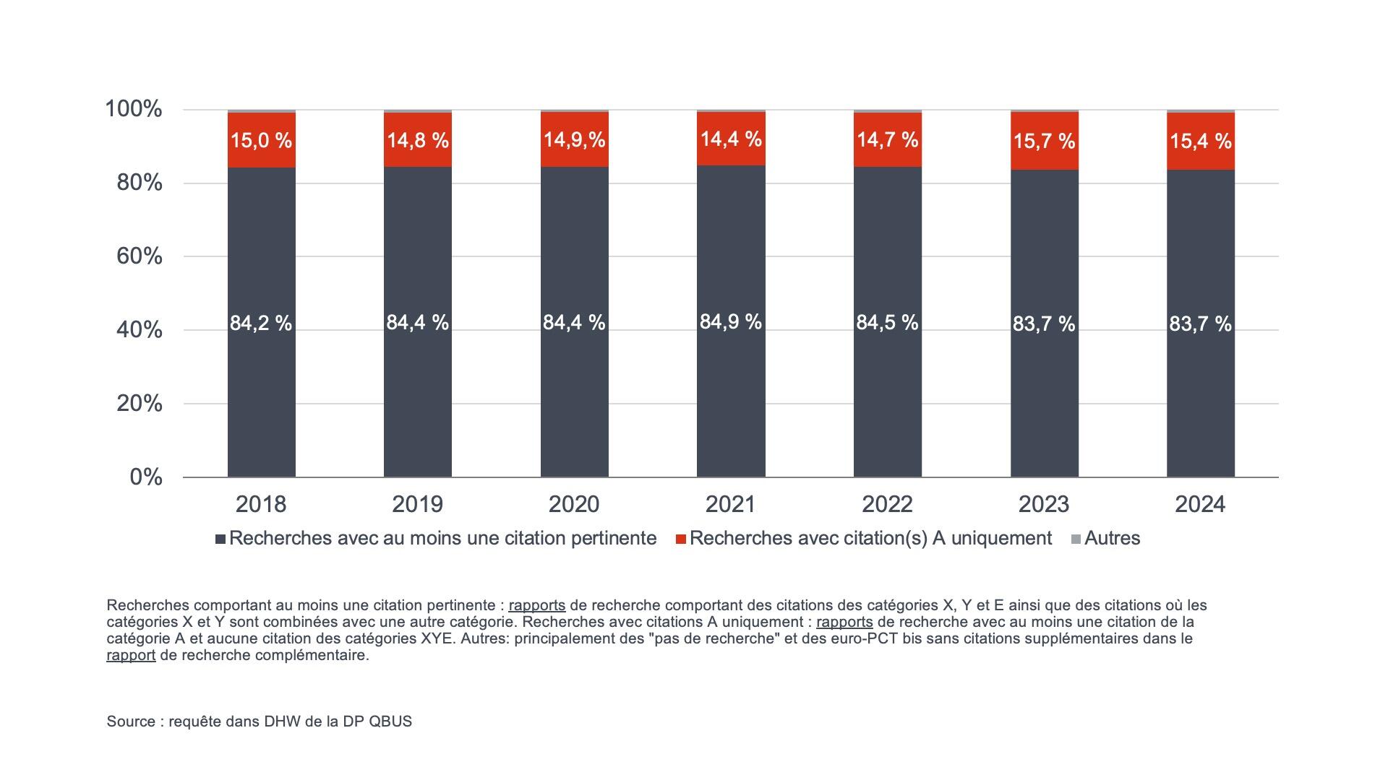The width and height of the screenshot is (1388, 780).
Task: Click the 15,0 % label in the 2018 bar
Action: point(261,140)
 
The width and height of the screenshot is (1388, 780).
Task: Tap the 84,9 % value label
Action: point(731,321)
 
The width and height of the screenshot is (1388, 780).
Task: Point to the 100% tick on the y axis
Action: point(134,110)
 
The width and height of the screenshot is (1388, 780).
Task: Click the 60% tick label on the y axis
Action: point(140,256)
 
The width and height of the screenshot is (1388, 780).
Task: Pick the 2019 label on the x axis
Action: point(417,504)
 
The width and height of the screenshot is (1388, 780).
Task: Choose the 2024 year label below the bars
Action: point(1200,504)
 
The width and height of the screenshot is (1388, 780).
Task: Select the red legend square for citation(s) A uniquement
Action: point(680,539)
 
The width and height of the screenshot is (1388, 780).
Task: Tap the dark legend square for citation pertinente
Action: point(220,539)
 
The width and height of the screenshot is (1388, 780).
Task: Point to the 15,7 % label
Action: point(1044,141)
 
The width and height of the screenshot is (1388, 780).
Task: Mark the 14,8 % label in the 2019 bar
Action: point(417,140)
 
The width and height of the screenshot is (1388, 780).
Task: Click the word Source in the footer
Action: point(131,721)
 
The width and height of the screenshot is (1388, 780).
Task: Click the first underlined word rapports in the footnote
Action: point(536,605)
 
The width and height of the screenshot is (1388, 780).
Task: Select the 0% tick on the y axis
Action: point(146,477)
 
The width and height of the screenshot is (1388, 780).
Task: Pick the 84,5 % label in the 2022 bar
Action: point(887,322)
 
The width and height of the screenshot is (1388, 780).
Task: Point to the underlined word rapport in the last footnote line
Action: point(131,656)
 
